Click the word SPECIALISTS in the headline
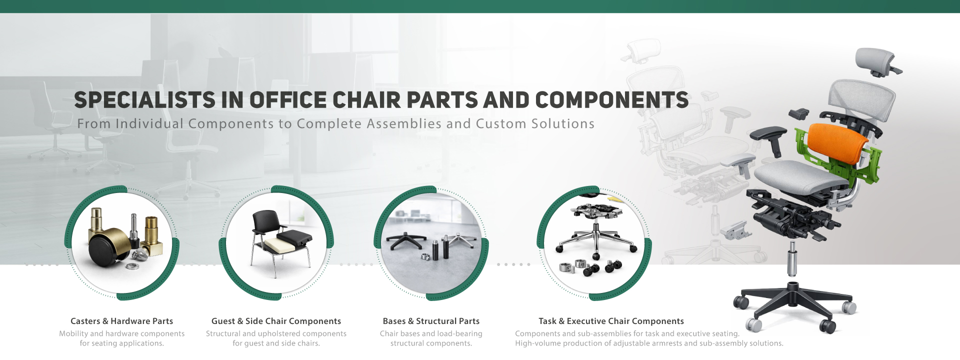pyautogui.click(x=144, y=100)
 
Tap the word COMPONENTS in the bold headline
pyautogui.click(x=612, y=100)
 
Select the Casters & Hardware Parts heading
pyautogui.click(x=121, y=321)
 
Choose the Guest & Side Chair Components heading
pyautogui.click(x=276, y=321)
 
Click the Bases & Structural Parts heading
pyautogui.click(x=431, y=321)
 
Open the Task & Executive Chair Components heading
pyautogui.click(x=611, y=321)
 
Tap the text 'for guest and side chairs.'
pyautogui.click(x=276, y=343)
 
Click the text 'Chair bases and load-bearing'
pyautogui.click(x=431, y=333)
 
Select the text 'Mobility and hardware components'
pyautogui.click(x=121, y=333)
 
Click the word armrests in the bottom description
pyautogui.click(x=680, y=343)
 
